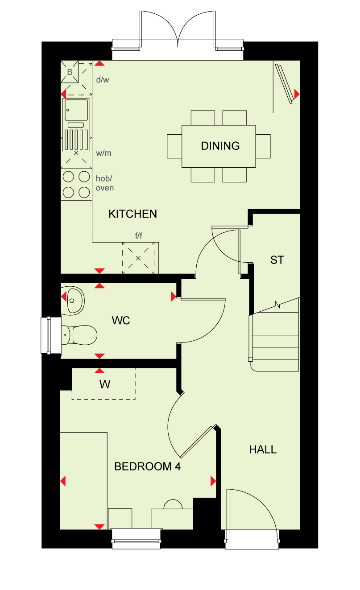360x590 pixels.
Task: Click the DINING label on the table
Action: (x=220, y=146)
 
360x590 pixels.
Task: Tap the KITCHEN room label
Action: (x=132, y=214)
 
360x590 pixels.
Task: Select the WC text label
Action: (x=121, y=321)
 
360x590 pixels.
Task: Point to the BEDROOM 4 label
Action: (x=147, y=466)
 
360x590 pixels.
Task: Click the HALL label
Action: (x=263, y=450)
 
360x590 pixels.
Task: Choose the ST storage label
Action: (x=277, y=260)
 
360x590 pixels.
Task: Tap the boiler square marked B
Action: (x=70, y=72)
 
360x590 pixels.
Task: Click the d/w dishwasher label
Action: (x=103, y=79)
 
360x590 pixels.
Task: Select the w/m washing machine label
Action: (x=103, y=153)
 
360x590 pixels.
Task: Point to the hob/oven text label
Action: (x=105, y=183)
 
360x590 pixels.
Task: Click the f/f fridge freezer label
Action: (x=138, y=235)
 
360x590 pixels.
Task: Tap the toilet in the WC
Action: (x=79, y=335)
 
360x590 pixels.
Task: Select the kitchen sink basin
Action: (x=76, y=110)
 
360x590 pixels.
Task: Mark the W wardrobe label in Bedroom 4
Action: (x=105, y=384)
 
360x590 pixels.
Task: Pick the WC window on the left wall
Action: (x=51, y=335)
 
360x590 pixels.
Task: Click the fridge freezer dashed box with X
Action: (x=138, y=258)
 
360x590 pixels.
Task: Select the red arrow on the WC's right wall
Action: (x=173, y=296)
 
